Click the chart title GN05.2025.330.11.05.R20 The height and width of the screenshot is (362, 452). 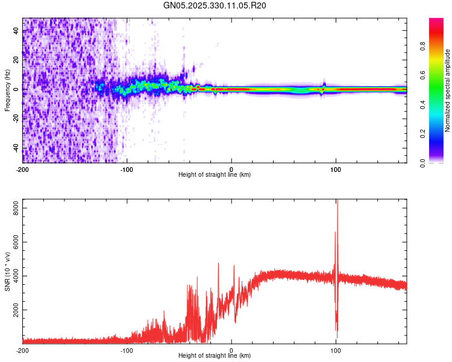215,5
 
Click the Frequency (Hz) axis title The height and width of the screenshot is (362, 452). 7,90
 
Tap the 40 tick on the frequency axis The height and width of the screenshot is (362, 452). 16,31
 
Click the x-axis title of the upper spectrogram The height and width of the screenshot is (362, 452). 215,174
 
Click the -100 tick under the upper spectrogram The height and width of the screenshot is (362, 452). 127,168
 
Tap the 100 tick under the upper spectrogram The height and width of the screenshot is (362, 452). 336,168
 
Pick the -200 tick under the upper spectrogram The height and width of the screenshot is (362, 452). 22,168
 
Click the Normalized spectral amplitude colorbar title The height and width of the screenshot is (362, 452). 448,91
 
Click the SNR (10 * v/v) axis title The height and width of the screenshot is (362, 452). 7,271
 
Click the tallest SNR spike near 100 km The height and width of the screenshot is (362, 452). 337,202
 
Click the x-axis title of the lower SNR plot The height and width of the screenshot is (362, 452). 215,355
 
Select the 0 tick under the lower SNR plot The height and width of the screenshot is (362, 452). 231,349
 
